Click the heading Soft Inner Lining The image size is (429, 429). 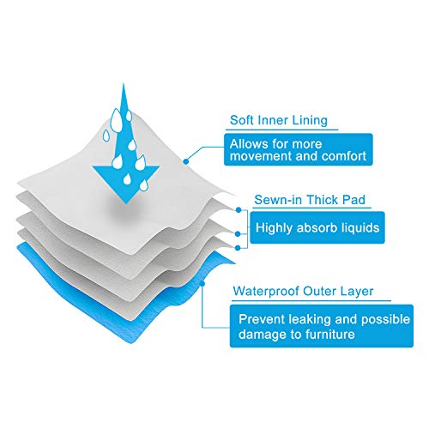pos(279,120)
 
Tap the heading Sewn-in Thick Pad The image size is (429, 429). pos(310,200)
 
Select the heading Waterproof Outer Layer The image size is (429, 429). pos(303,292)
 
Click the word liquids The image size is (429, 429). pos(360,227)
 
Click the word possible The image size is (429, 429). pos(385,319)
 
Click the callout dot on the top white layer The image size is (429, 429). pos(186,161)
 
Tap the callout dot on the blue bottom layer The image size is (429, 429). pos(202,283)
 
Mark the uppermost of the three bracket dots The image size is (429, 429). pos(239,210)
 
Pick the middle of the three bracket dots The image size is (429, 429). pos(238,234)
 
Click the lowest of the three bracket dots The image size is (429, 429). pos(238,248)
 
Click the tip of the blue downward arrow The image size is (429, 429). pos(126,203)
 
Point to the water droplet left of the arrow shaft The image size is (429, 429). pos(106,136)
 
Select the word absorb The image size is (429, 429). pos(317,227)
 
